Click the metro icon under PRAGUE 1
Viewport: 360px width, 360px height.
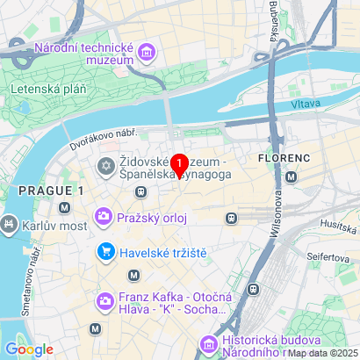pyautogui.click(x=64, y=208)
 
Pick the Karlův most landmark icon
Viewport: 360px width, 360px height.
pyautogui.click(x=10, y=224)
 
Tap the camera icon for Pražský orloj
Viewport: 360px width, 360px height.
pyautogui.click(x=104, y=215)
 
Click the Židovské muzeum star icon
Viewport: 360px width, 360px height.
pyautogui.click(x=104, y=164)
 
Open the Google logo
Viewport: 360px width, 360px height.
pyautogui.click(x=30, y=349)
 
